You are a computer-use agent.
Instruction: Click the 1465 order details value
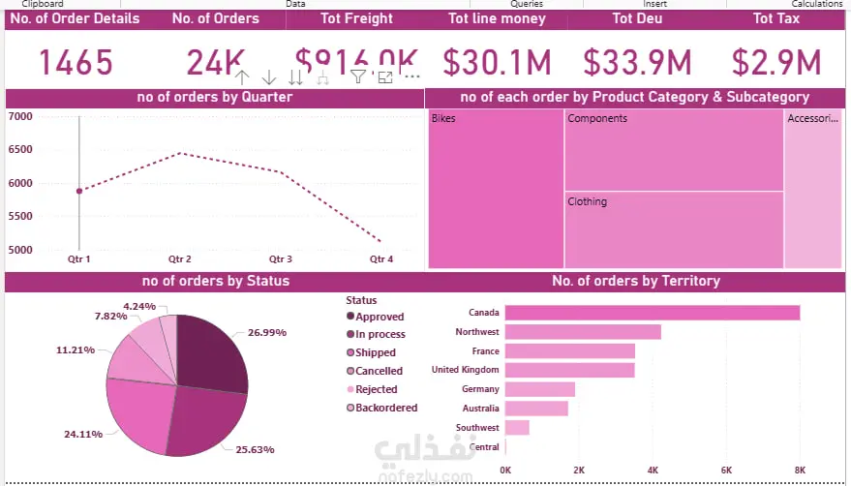click(76, 63)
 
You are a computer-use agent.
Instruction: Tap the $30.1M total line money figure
click(497, 63)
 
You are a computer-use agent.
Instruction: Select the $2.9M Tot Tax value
click(776, 63)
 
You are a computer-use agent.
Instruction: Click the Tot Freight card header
click(357, 18)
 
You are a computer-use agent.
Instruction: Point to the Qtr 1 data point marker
click(79, 191)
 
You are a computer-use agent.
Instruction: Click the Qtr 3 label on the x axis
click(280, 259)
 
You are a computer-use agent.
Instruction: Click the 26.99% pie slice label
click(267, 332)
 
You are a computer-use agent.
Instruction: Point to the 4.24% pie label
click(139, 306)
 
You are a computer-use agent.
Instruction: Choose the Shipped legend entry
click(374, 352)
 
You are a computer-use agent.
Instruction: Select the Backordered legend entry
click(384, 408)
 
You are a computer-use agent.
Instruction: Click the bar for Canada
click(652, 313)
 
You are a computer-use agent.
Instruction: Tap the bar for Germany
click(540, 389)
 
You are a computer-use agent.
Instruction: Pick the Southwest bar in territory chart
click(517, 428)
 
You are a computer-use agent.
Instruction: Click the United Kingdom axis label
click(465, 370)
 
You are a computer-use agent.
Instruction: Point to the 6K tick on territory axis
click(726, 470)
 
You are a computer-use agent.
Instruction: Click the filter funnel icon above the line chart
click(358, 76)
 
